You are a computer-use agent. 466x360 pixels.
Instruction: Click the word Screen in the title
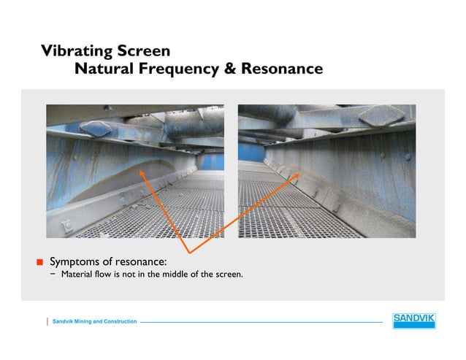145,51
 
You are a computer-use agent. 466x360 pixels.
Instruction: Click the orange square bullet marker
42,261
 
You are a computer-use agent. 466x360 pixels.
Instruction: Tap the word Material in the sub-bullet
78,275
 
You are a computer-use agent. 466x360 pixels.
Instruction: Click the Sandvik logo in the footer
413,321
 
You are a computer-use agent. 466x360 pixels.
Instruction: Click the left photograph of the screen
135,171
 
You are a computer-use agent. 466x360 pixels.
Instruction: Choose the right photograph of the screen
326,171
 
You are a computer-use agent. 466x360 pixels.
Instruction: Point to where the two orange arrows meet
191,252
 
